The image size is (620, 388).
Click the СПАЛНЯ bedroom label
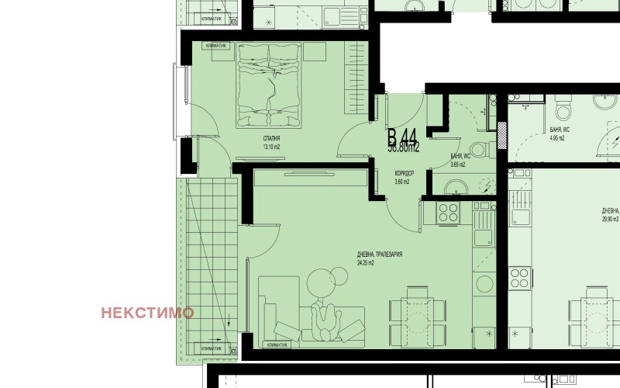(270, 137)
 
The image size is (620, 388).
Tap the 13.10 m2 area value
(270, 147)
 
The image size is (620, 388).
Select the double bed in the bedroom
(268, 84)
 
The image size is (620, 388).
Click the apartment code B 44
(403, 136)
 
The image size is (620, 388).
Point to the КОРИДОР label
(405, 173)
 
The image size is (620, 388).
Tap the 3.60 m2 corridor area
(401, 182)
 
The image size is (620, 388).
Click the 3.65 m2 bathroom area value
(458, 165)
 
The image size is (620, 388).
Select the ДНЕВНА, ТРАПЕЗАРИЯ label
(380, 255)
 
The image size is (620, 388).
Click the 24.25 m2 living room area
(366, 263)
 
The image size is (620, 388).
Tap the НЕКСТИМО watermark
(147, 313)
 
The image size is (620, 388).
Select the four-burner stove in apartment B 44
(449, 211)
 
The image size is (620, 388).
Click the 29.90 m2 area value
(610, 219)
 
